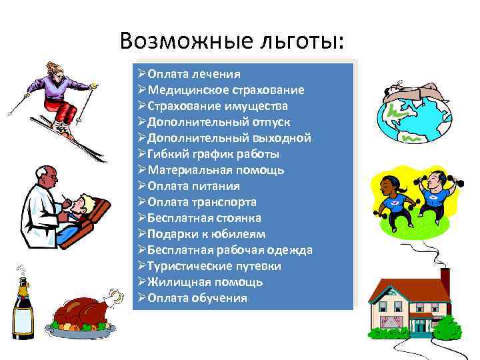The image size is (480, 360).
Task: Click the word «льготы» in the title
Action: (x=305, y=42)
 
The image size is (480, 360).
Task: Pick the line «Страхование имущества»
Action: (x=218, y=106)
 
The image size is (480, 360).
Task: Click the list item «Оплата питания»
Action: (x=193, y=186)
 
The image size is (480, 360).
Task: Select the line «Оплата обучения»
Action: (x=197, y=298)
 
